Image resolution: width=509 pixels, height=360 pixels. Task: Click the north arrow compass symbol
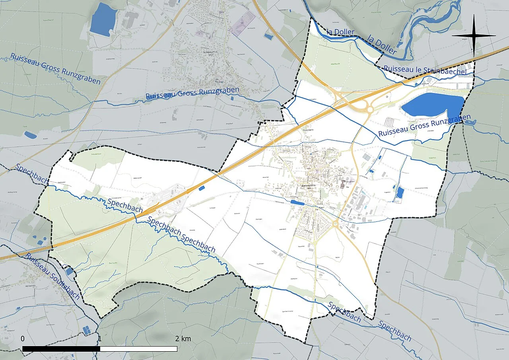[474, 35]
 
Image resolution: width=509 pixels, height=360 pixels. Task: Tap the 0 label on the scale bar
[23, 339]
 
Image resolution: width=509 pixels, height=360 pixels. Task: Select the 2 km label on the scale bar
[183, 339]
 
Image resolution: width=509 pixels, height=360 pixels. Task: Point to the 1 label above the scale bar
[100, 339]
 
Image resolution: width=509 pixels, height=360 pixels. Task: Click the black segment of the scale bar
[61, 349]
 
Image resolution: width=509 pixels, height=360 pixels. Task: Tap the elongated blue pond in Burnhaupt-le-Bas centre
[297, 202]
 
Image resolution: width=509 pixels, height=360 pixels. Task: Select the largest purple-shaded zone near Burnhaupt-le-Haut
[243, 23]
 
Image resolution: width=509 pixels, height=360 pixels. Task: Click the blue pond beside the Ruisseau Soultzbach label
[70, 271]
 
